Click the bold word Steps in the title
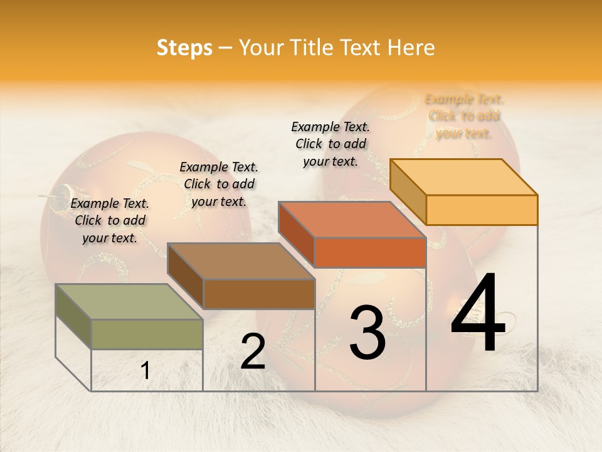[x=184, y=48]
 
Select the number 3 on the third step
[x=367, y=333]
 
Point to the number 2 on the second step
[x=253, y=352]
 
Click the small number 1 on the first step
[x=145, y=371]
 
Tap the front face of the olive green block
[x=147, y=334]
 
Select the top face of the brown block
[x=241, y=261]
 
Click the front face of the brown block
[x=259, y=294]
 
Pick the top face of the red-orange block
[x=351, y=220]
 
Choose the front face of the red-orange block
[x=370, y=252]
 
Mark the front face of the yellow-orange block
[x=482, y=210]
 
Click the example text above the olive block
[x=110, y=220]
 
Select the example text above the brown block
[x=219, y=184]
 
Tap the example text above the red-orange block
[x=330, y=144]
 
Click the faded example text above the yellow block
[x=464, y=116]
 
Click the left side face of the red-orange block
[x=296, y=234]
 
